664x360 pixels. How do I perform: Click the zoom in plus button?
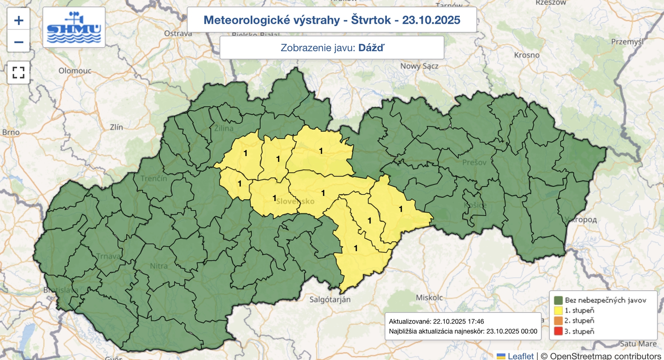point(19,20)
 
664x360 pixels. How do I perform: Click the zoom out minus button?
point(19,42)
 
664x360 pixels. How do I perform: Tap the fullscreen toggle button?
point(19,73)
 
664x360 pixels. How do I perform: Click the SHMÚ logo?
point(74,27)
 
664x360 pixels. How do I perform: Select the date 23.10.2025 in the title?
point(431,20)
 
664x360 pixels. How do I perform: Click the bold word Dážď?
point(371,48)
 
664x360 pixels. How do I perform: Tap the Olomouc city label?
point(75,71)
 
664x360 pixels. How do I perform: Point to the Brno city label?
point(11,132)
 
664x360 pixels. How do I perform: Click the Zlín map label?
point(117,127)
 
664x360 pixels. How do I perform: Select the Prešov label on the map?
point(474,162)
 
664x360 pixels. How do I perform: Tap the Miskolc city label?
point(429,297)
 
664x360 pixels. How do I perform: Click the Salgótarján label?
point(330,299)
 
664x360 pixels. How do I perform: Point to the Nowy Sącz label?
point(419,66)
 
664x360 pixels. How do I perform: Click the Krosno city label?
point(527,55)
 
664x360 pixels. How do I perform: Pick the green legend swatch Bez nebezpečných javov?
point(558,300)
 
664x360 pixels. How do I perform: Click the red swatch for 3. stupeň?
point(558,331)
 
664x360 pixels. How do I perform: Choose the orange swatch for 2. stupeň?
point(558,321)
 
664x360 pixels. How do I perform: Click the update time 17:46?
point(475,321)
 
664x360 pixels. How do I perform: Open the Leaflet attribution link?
point(520,356)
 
